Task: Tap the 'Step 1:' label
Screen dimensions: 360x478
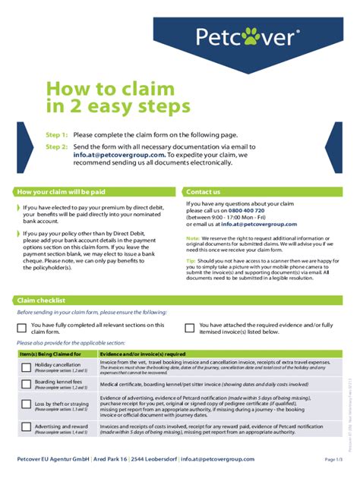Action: pyautogui.click(x=57, y=134)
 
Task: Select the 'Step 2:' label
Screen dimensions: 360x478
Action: pyautogui.click(x=57, y=146)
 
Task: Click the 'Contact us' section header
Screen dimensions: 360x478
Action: pyautogui.click(x=204, y=192)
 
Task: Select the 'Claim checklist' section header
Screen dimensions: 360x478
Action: pyautogui.click(x=42, y=300)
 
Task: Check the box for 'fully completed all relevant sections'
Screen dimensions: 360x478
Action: pyautogui.click(x=22, y=328)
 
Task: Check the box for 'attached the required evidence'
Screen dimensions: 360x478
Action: pyautogui.click(x=191, y=328)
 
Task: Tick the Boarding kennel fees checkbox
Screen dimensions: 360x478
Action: pyautogui.click(x=26, y=384)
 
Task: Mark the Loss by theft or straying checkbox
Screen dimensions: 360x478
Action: pyautogui.click(x=26, y=407)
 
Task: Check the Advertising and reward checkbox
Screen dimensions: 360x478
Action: pyautogui.click(x=26, y=429)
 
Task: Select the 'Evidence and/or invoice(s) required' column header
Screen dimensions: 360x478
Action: pyautogui.click(x=143, y=354)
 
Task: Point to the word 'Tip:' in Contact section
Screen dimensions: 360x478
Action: pyautogui.click(x=191, y=260)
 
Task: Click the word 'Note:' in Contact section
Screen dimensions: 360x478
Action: pyautogui.click(x=193, y=238)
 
